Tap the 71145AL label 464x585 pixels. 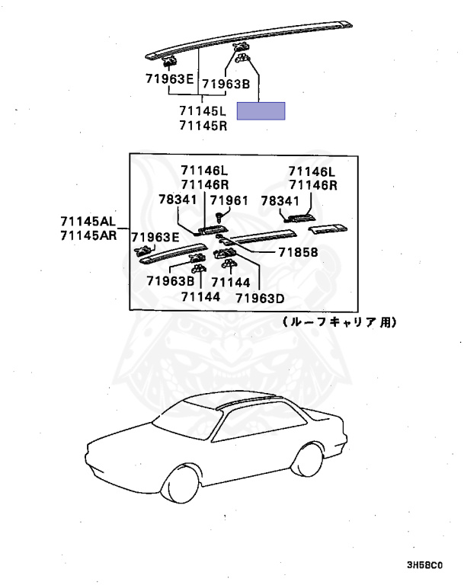pos(88,222)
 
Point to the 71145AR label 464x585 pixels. pos(88,235)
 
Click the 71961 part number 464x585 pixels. pos(229,200)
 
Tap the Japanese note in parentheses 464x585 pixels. pos(339,322)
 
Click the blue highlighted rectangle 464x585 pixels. pos(261,112)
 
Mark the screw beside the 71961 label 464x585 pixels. pos(220,218)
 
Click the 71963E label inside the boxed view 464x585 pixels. pos(155,236)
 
